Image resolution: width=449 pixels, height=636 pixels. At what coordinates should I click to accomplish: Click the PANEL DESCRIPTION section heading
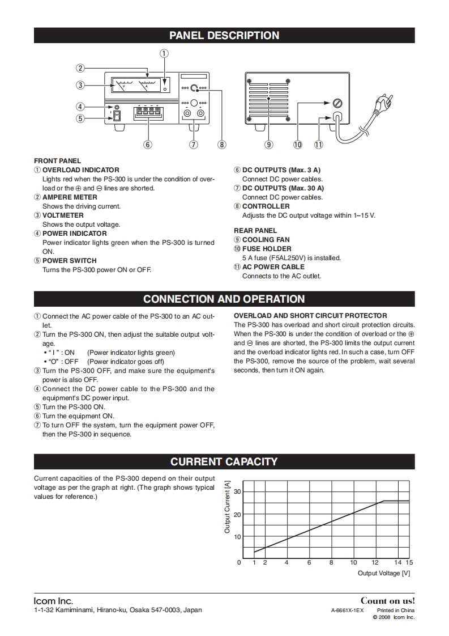tap(224, 35)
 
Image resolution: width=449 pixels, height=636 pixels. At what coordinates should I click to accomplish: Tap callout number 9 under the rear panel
tap(269, 145)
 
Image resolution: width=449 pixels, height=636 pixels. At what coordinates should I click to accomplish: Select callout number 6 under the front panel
tap(148, 145)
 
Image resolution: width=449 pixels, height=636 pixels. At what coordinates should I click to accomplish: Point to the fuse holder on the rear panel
tap(338, 103)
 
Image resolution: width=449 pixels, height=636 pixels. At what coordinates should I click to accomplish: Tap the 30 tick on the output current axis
tap(237, 491)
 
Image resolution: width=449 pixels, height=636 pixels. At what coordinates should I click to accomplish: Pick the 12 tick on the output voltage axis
tap(375, 562)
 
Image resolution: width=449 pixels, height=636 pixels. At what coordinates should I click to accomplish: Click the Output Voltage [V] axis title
tap(383, 573)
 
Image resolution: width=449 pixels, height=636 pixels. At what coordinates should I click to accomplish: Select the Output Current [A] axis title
tap(228, 507)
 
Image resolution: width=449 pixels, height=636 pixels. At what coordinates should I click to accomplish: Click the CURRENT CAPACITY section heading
tap(224, 461)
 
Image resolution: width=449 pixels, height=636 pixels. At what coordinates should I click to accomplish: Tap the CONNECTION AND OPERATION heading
tap(224, 299)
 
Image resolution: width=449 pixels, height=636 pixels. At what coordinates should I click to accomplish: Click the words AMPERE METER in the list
tap(70, 197)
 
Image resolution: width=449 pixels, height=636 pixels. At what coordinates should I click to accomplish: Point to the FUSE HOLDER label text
tap(267, 249)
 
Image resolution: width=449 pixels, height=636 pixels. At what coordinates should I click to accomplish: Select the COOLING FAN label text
tap(266, 240)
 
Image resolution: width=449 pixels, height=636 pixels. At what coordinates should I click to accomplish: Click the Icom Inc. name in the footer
tap(53, 601)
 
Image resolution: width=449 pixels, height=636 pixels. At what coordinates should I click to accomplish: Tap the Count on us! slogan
tap(387, 600)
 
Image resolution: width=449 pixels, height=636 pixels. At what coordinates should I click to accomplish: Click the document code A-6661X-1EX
tap(347, 610)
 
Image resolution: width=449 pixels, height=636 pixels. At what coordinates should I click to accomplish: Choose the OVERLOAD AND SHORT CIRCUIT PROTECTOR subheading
tap(310, 316)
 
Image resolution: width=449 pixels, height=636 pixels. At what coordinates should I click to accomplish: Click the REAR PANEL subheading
tap(255, 231)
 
